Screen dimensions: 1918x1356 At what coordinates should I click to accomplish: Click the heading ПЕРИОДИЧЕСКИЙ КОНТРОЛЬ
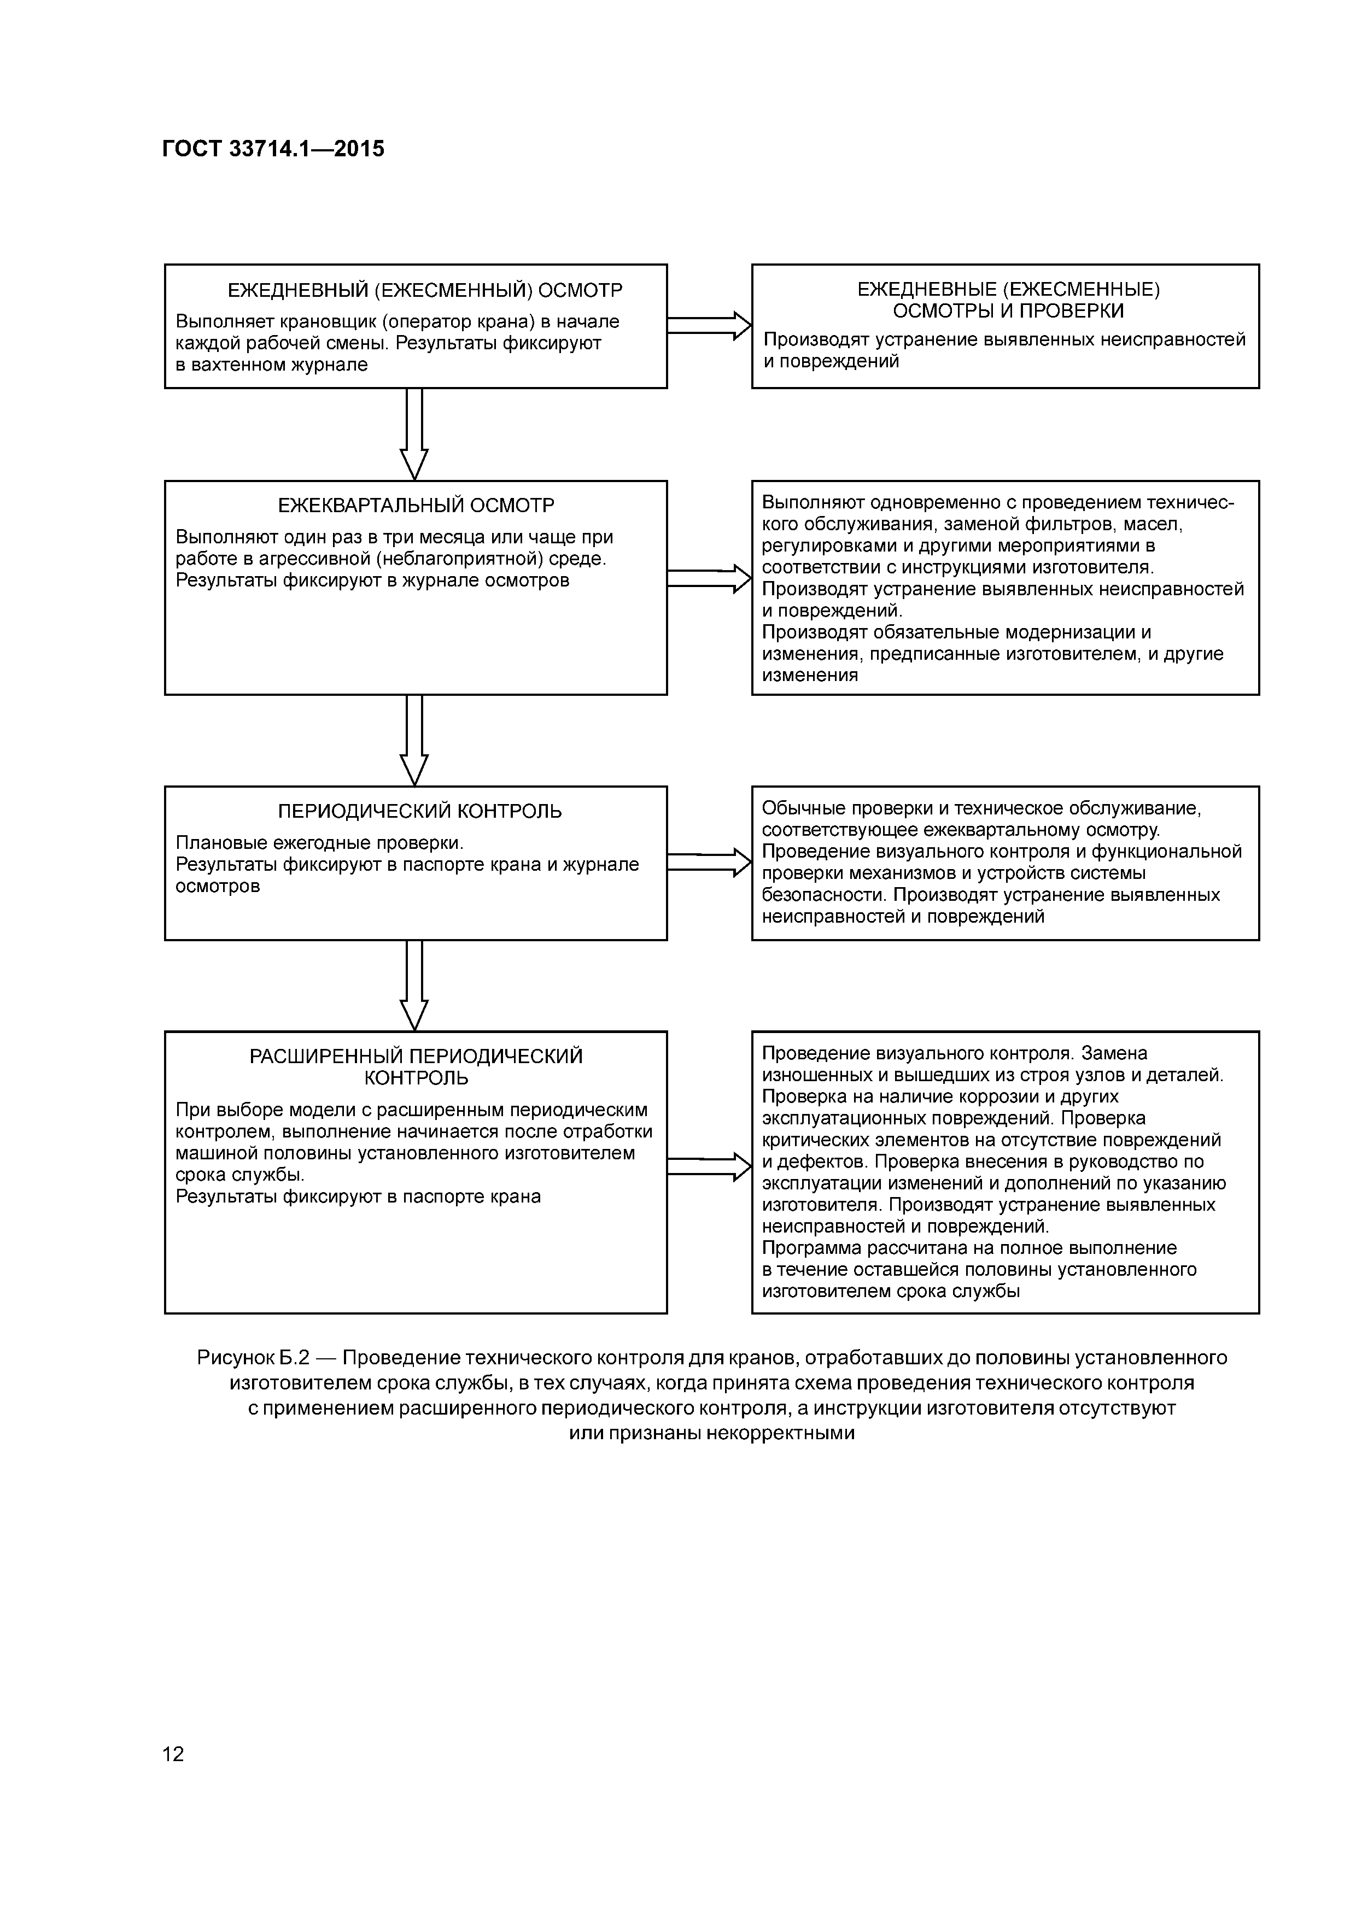[419, 811]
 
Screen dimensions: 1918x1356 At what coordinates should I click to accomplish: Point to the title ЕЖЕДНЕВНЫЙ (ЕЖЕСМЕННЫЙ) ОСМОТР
[425, 291]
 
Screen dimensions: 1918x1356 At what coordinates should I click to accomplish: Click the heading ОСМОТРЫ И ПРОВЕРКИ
[1008, 311]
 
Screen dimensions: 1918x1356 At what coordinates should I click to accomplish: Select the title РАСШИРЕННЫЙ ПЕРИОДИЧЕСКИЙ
[416, 1056]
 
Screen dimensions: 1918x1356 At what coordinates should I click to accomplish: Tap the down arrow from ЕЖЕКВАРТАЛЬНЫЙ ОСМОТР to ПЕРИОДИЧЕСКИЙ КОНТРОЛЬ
[414, 740]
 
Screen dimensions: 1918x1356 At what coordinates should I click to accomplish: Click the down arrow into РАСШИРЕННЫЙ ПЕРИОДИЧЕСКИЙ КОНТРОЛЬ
[414, 985]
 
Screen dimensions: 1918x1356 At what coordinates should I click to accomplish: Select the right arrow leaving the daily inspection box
[709, 326]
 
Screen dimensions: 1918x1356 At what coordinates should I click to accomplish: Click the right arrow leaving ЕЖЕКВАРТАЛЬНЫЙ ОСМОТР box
[709, 578]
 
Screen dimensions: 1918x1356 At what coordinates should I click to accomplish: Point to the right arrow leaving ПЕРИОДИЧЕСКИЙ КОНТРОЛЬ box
[709, 862]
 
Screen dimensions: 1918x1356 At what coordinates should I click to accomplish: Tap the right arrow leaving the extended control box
[709, 1166]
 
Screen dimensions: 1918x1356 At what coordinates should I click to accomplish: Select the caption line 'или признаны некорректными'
[712, 1433]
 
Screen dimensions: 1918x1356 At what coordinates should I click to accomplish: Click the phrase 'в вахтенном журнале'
[272, 365]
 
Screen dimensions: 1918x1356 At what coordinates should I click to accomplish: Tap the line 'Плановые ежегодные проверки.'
[319, 843]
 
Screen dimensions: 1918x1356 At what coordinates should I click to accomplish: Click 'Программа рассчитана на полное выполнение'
[969, 1248]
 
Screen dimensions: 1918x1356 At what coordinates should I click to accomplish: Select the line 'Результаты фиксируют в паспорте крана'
[359, 1196]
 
